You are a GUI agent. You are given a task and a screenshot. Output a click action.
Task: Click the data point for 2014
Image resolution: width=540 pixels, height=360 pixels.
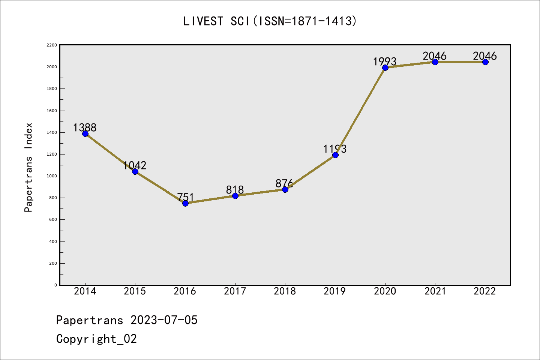point(85,133)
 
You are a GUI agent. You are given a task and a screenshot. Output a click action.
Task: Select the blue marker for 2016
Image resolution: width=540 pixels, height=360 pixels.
point(185,203)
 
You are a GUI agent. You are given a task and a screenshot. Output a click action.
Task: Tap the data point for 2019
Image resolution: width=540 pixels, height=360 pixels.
point(335,155)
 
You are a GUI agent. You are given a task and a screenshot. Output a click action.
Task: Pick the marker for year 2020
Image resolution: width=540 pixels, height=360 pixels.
point(385,67)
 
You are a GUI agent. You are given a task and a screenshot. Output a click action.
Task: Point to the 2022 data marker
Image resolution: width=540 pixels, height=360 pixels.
point(485,62)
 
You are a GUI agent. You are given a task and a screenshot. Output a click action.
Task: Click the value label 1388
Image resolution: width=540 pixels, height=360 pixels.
point(85,127)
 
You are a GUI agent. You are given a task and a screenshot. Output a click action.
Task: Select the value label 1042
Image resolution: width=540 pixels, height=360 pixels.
point(135,165)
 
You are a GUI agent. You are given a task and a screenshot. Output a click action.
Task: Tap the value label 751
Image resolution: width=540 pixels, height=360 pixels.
point(185,197)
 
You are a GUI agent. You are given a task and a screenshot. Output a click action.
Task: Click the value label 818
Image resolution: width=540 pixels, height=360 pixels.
point(235,190)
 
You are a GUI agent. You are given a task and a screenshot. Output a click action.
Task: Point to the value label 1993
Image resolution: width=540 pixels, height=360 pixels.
point(385,61)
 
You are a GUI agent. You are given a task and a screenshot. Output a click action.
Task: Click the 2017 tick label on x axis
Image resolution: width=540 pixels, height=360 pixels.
point(235,291)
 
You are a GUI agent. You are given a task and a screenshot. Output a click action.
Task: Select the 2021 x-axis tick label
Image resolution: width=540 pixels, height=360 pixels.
point(435,291)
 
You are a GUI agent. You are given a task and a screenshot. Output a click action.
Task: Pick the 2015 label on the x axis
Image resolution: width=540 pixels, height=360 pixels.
point(135,291)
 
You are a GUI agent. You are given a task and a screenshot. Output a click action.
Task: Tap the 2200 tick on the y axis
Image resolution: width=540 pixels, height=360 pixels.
point(52,45)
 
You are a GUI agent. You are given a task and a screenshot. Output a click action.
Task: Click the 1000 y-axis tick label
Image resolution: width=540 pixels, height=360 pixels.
point(52,176)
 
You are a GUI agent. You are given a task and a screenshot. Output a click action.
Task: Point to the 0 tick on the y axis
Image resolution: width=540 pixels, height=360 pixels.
point(55,285)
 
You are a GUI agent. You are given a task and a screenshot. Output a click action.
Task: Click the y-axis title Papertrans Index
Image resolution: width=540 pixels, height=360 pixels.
point(28,167)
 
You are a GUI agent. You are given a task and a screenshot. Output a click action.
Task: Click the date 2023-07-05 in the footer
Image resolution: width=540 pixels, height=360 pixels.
point(164,320)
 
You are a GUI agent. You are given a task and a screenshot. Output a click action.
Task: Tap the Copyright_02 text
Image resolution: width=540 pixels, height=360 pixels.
point(96,339)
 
